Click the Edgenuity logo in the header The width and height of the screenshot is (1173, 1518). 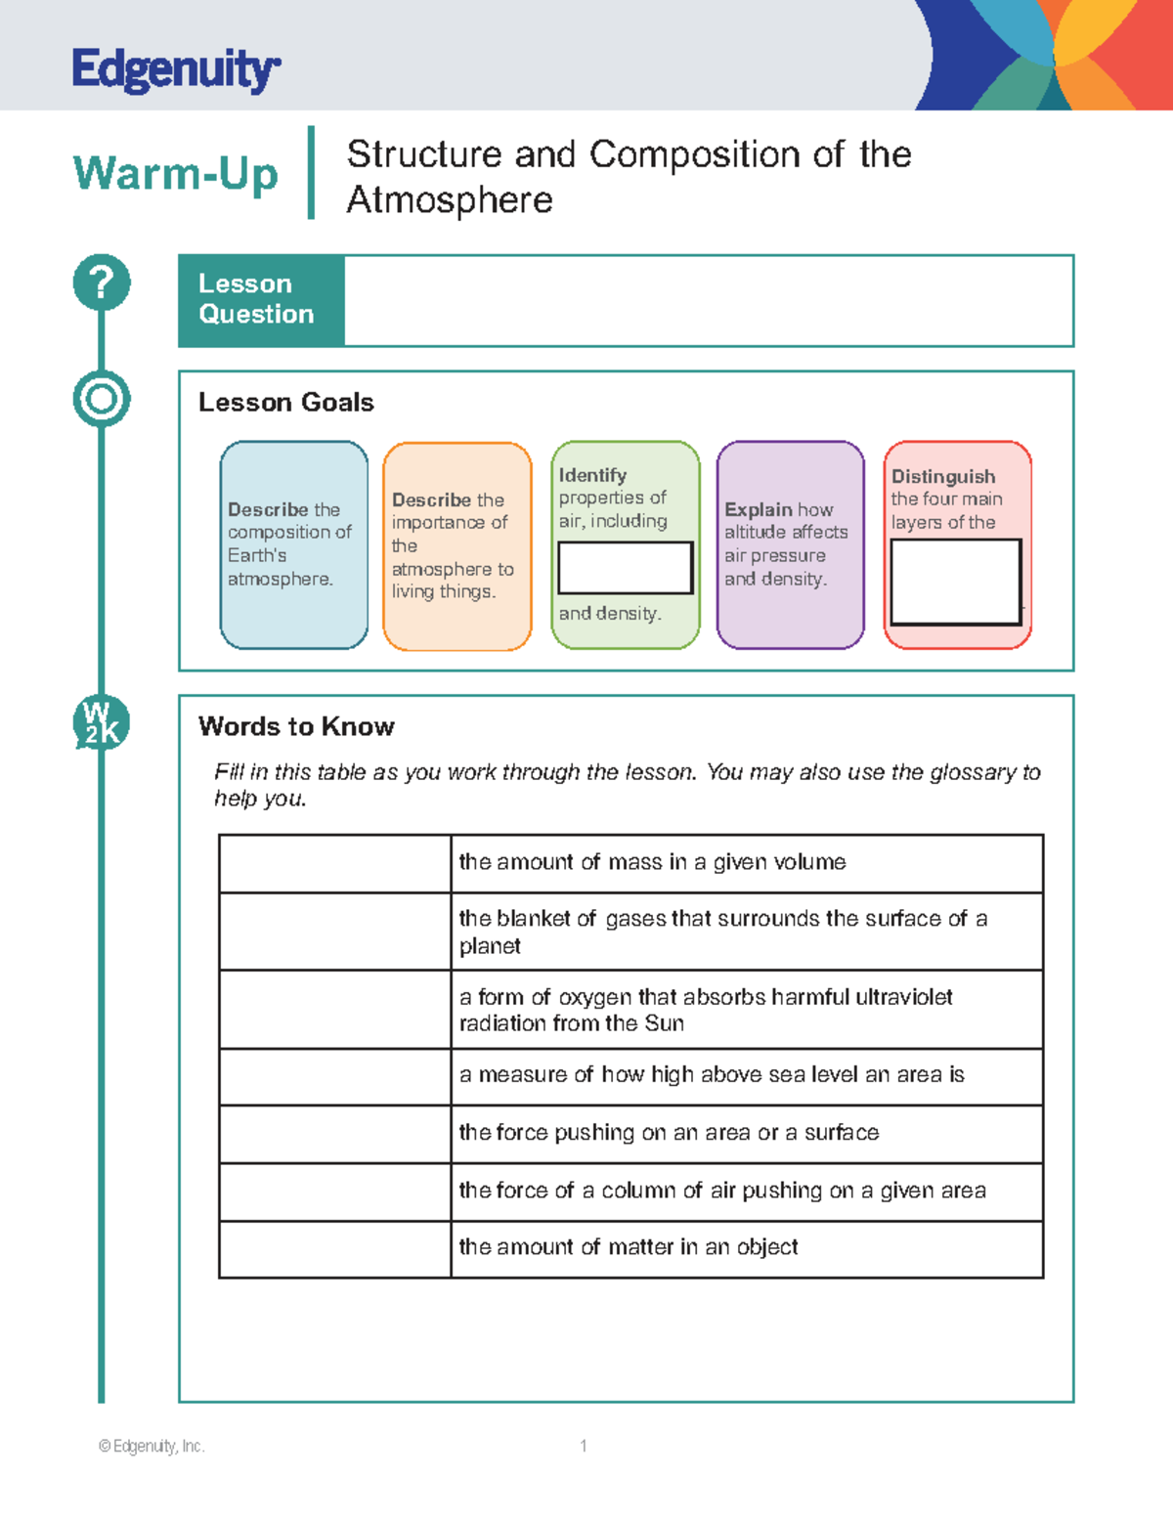pos(176,69)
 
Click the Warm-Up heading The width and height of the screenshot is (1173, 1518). pos(176,174)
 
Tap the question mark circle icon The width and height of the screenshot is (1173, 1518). pos(102,283)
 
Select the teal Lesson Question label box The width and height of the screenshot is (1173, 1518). pos(261,300)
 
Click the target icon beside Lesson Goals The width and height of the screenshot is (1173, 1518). pos(102,399)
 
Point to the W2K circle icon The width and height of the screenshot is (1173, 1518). pos(101,724)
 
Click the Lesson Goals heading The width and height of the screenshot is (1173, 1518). pos(285,403)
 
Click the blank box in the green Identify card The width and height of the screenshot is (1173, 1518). pos(626,568)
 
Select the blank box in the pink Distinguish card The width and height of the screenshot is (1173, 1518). pos(956,582)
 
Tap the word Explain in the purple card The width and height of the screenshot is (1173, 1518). pos(758,509)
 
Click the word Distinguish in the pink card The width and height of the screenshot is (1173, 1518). pos(943,476)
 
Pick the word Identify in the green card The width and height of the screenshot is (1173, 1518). pos(592,475)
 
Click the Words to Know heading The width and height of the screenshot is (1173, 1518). pos(296,726)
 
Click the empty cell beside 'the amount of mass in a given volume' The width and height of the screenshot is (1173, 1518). pos(335,863)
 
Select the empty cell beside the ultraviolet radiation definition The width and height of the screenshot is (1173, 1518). pos(335,1009)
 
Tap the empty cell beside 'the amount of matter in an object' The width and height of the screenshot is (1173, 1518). pos(335,1248)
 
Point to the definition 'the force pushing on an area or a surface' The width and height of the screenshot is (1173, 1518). pos(669,1133)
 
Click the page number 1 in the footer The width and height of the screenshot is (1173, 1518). pos(584,1446)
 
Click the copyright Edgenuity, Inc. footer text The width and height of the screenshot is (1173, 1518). pos(152,1446)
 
